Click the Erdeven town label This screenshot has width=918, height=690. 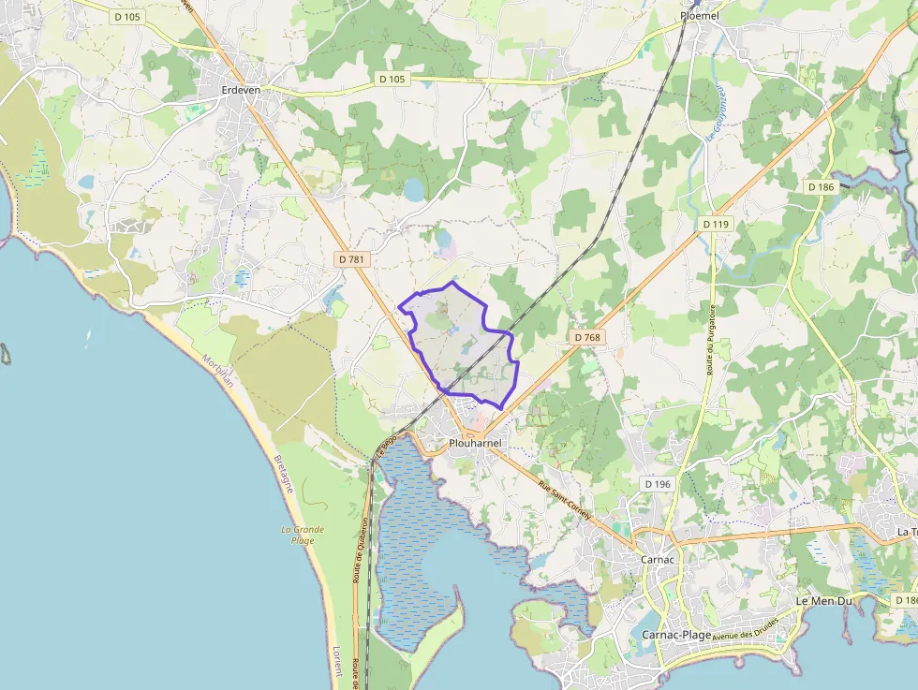241,90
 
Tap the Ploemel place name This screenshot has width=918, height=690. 699,16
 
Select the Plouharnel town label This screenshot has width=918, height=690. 475,443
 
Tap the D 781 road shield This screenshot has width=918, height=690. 351,258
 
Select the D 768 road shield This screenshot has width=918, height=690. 586,337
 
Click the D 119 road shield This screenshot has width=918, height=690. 716,225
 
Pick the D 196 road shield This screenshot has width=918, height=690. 658,484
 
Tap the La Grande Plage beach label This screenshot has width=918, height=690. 303,535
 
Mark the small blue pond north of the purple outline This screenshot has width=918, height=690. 413,190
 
